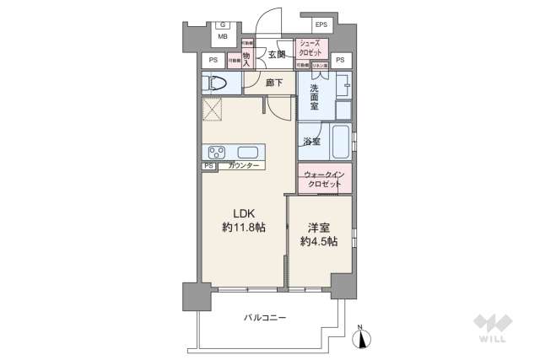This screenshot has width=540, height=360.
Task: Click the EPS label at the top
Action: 321,25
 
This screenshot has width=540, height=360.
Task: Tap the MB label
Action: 223,37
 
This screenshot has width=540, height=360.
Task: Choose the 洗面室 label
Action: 313,98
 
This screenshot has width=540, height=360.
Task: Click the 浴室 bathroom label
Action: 311,142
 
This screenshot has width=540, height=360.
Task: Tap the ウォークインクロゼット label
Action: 324,180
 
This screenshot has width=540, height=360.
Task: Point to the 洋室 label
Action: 319,228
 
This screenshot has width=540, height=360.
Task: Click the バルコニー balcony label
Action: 265,318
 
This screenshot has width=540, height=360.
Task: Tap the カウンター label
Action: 245,166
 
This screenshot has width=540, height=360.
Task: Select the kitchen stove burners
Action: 217,152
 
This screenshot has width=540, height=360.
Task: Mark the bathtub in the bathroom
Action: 339,141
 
